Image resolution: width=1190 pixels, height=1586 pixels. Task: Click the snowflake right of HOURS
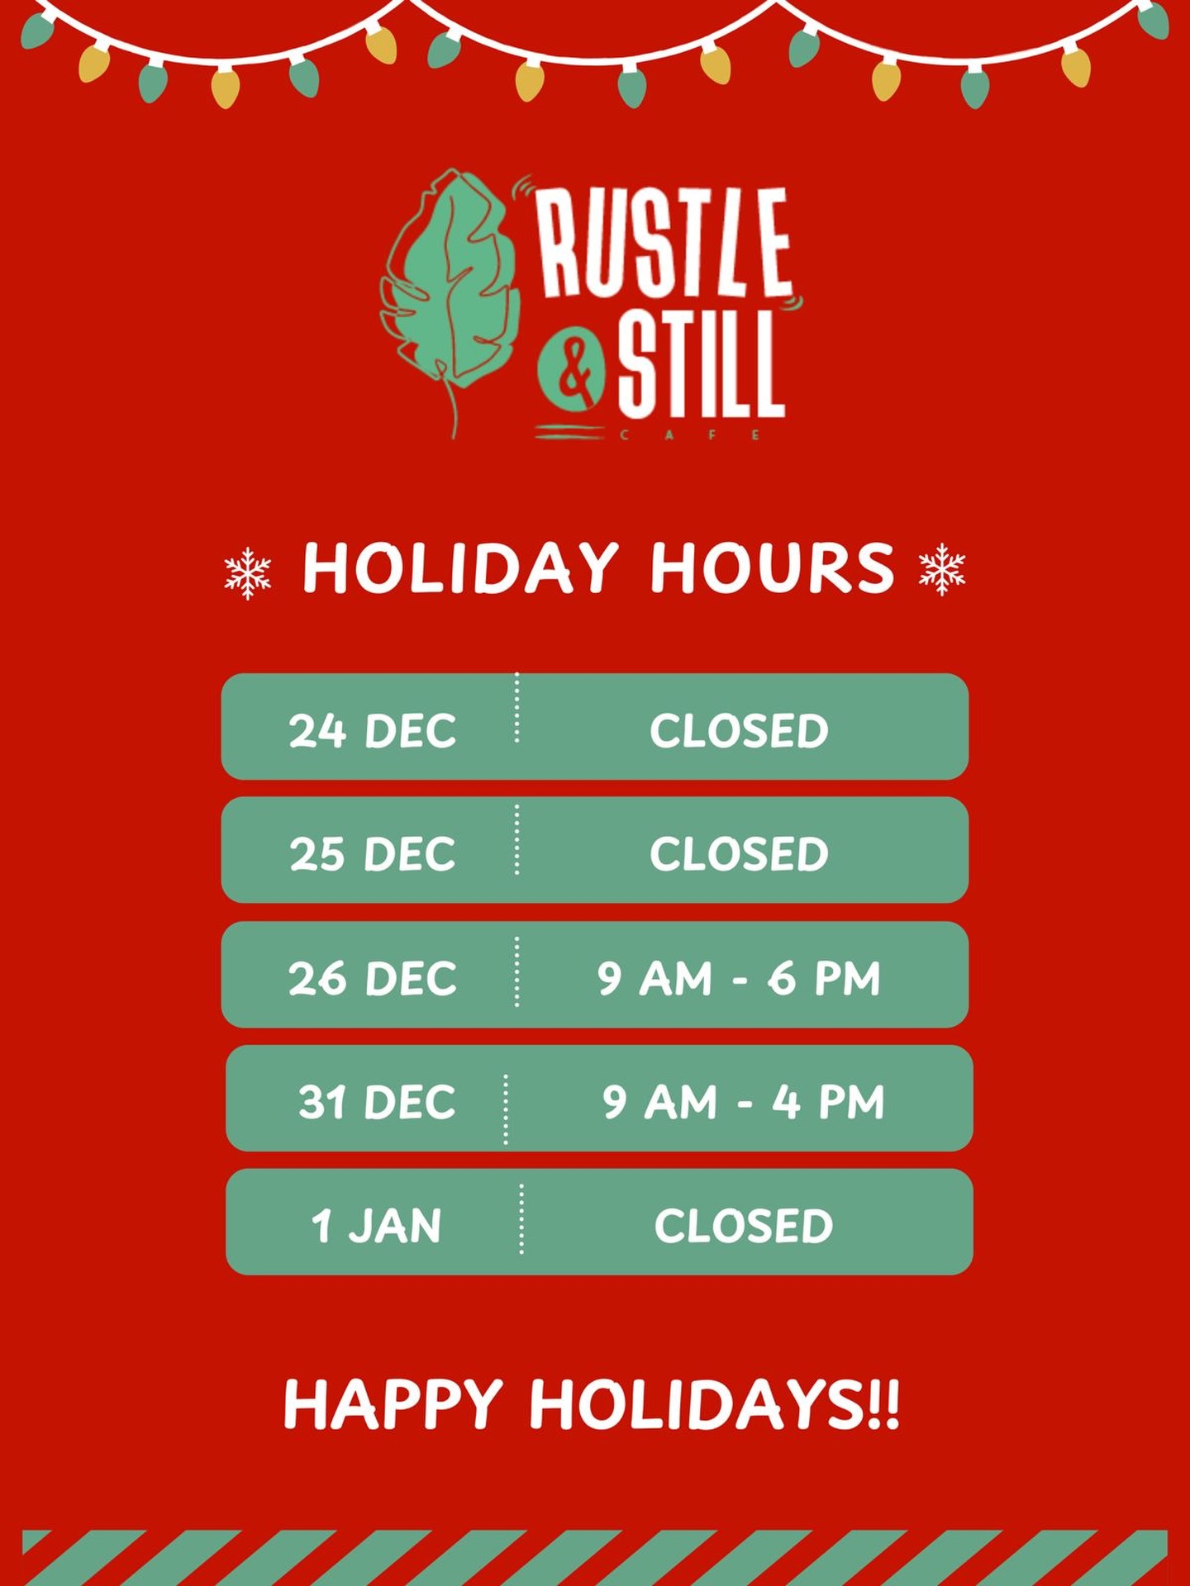(942, 569)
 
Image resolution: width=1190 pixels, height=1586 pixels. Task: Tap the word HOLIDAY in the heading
(460, 568)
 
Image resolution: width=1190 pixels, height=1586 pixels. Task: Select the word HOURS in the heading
(773, 568)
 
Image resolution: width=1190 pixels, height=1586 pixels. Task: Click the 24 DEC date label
(373, 731)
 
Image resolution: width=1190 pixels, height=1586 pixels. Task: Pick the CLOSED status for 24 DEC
(739, 731)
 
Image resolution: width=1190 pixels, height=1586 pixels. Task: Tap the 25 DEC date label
(373, 854)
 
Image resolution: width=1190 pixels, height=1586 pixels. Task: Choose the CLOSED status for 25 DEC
(739, 854)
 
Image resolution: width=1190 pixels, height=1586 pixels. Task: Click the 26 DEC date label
(373, 979)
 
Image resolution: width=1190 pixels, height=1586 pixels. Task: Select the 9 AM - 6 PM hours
(739, 979)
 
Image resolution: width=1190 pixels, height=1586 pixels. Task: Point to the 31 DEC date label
(377, 1102)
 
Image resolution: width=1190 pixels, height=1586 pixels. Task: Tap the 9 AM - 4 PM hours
(743, 1102)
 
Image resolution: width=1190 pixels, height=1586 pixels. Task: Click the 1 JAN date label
(376, 1226)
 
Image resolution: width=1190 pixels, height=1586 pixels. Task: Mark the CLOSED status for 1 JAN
(744, 1226)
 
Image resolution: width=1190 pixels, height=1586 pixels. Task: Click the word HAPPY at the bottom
(393, 1405)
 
